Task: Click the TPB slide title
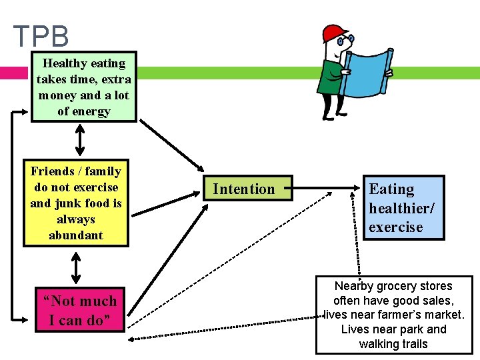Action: [41, 36]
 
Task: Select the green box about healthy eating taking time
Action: [84, 87]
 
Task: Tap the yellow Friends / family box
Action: [76, 203]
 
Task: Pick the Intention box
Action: [243, 189]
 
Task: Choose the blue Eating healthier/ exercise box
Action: [401, 207]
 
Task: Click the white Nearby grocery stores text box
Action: [393, 315]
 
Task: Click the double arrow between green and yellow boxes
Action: [80, 140]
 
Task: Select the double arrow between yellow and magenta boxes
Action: [76, 268]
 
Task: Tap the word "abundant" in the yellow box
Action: [76, 235]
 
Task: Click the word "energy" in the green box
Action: [93, 111]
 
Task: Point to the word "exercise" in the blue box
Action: [396, 227]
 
